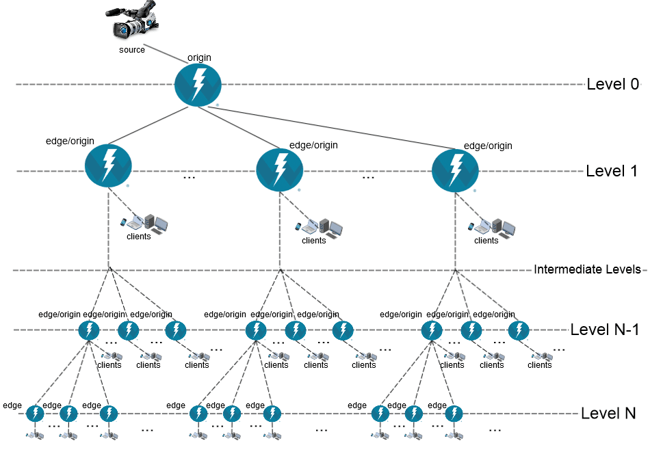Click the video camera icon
pyautogui.click(x=132, y=21)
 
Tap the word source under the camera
pyautogui.click(x=132, y=49)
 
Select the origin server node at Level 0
pyautogui.click(x=198, y=85)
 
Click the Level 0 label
pyautogui.click(x=612, y=84)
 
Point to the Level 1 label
pyautogui.click(x=612, y=171)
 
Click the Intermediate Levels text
pyautogui.click(x=587, y=269)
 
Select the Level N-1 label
pyautogui.click(x=605, y=330)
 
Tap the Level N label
pyautogui.click(x=608, y=413)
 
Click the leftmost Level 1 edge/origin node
pyautogui.click(x=108, y=165)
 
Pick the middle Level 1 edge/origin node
pyautogui.click(x=279, y=170)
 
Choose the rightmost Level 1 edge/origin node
pyautogui.click(x=455, y=170)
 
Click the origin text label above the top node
pyautogui.click(x=199, y=57)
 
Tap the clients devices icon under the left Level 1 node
pyautogui.click(x=144, y=223)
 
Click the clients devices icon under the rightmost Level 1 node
pyautogui.click(x=492, y=228)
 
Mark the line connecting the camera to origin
pyautogui.click(x=166, y=54)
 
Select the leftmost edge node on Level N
pyautogui.click(x=35, y=414)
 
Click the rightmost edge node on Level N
pyautogui.click(x=454, y=414)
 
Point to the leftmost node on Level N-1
pyautogui.click(x=89, y=330)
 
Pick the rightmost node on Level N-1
pyautogui.click(x=519, y=330)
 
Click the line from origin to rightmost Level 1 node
pyautogui.click(x=332, y=128)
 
